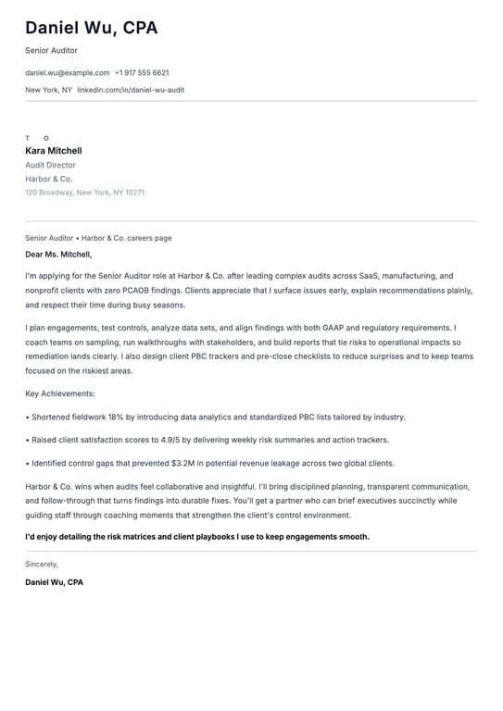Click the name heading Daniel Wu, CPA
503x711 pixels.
click(92, 28)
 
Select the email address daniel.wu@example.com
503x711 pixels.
click(67, 72)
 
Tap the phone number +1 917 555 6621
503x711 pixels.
click(142, 72)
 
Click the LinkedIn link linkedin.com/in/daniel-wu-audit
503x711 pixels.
click(131, 90)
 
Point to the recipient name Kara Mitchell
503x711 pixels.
click(54, 151)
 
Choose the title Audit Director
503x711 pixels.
click(51, 165)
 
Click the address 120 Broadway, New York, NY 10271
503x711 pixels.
click(85, 193)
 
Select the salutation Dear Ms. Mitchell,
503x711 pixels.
click(58, 254)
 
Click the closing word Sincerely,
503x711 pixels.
click(42, 564)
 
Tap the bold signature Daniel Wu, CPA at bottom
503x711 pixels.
click(54, 582)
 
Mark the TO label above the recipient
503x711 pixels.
click(37, 138)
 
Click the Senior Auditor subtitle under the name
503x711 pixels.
click(52, 50)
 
